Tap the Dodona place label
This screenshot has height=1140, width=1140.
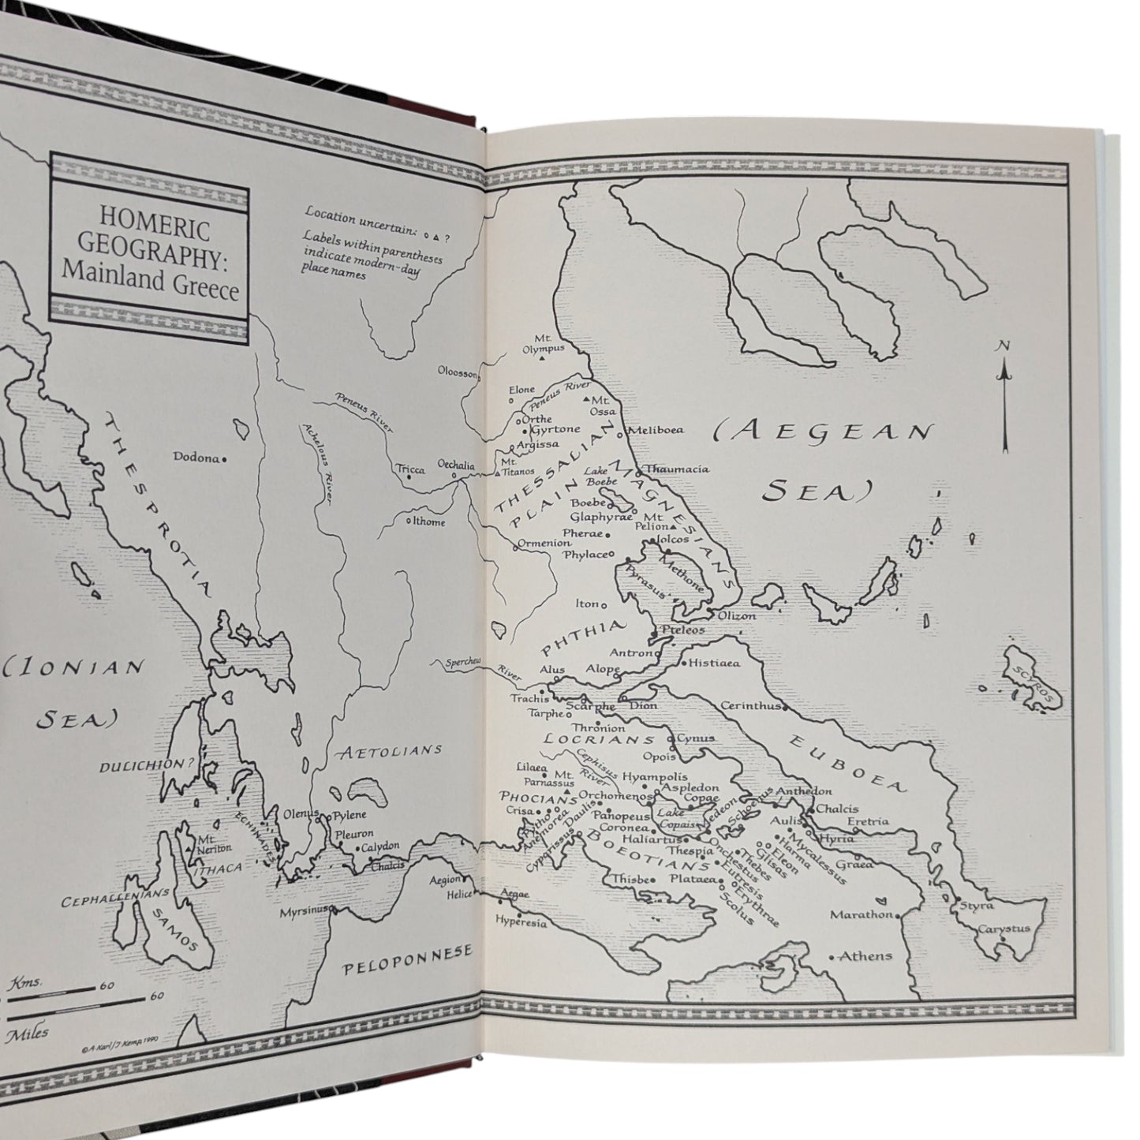196,457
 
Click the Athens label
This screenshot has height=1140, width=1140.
865,956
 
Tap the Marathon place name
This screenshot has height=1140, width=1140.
861,915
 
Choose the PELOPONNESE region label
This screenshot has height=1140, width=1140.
408,952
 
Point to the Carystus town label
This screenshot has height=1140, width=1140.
1004,929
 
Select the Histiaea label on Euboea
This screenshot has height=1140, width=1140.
714,663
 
